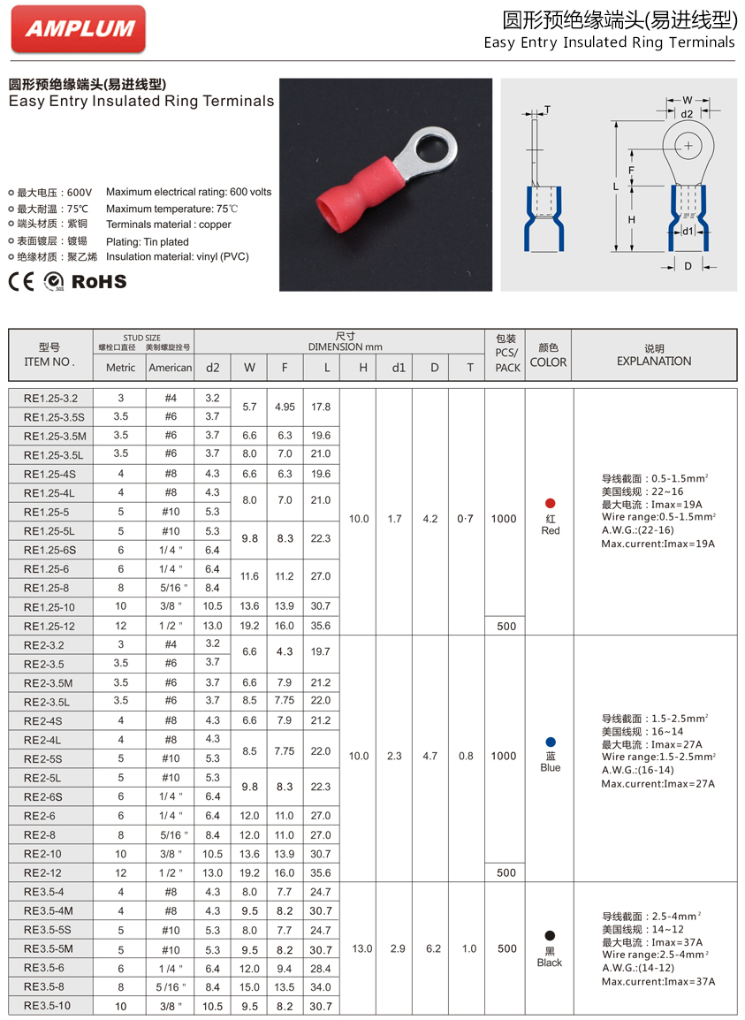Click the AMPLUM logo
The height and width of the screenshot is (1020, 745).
[78, 28]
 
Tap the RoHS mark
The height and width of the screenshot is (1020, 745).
[99, 282]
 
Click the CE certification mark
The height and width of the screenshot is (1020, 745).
[22, 282]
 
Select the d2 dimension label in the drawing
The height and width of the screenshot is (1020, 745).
[687, 113]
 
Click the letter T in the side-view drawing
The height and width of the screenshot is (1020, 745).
[547, 110]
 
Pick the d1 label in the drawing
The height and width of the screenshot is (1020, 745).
[688, 232]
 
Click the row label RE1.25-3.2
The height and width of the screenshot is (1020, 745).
[50, 399]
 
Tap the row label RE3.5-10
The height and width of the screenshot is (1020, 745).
[47, 1006]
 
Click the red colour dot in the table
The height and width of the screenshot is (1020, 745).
[551, 503]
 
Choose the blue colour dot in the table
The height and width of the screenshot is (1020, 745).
[551, 742]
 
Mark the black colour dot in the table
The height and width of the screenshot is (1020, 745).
[550, 935]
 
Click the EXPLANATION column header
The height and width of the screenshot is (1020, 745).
[654, 361]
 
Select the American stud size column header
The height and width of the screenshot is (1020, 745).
[170, 368]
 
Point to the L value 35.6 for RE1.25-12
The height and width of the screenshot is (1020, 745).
[321, 626]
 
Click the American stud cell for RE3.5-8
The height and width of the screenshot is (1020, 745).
[170, 986]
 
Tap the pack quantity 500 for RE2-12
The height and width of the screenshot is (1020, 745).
[506, 872]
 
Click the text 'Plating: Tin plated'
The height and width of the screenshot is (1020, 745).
[148, 241]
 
